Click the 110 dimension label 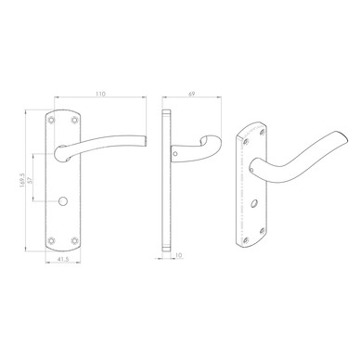coord(100,94)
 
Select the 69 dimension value coord(192,94)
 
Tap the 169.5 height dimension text coord(22,180)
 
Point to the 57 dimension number coord(30,180)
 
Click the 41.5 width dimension coord(63,260)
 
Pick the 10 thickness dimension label coord(179,255)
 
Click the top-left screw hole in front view coord(51,120)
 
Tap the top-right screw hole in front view coord(74,120)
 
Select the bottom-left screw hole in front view coord(51,240)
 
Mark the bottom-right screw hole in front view coord(74,240)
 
